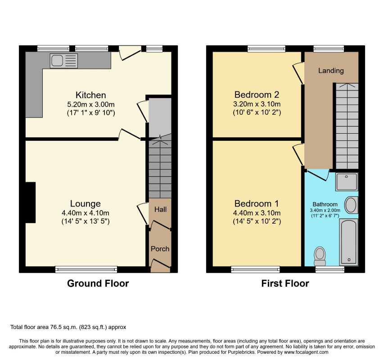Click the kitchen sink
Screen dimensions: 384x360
coord(63,61)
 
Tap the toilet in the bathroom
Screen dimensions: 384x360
coord(320,256)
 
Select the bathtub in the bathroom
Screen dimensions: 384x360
coord(348,242)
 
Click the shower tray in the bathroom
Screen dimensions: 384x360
coord(347,182)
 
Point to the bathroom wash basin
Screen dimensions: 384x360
coord(351,205)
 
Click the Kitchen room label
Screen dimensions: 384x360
coord(90,95)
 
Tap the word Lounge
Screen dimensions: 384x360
coord(85,203)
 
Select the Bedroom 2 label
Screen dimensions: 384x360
coord(257,94)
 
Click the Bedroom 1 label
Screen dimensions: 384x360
coord(257,203)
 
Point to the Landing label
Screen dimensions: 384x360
coord(331,71)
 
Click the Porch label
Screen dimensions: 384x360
coord(160,249)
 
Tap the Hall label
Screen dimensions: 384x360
coord(160,210)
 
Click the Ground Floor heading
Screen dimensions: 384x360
coord(98,283)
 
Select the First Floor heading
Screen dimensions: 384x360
coord(285,283)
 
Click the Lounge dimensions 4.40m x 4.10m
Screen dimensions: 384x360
coord(86,213)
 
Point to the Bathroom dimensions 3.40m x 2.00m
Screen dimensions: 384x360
coord(325,210)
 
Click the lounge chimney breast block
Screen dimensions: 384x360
coord(31,202)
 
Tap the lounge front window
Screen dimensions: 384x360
coord(86,270)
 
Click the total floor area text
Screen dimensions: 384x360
coord(68,327)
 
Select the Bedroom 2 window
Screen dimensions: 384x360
coord(267,49)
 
